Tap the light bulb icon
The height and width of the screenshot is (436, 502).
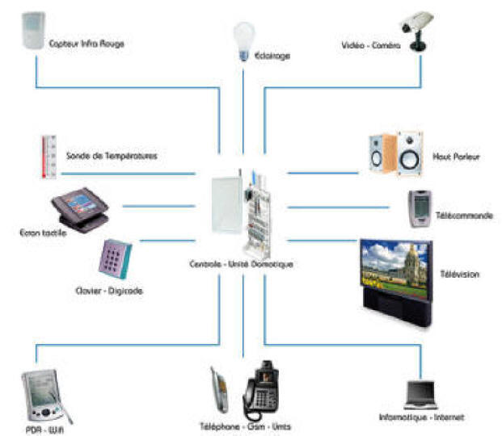click(243, 40)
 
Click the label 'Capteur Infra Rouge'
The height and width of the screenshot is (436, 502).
click(86, 43)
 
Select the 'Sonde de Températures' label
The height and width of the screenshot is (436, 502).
click(112, 155)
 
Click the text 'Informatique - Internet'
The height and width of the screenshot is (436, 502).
click(422, 417)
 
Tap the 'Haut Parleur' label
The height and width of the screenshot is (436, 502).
click(457, 157)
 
